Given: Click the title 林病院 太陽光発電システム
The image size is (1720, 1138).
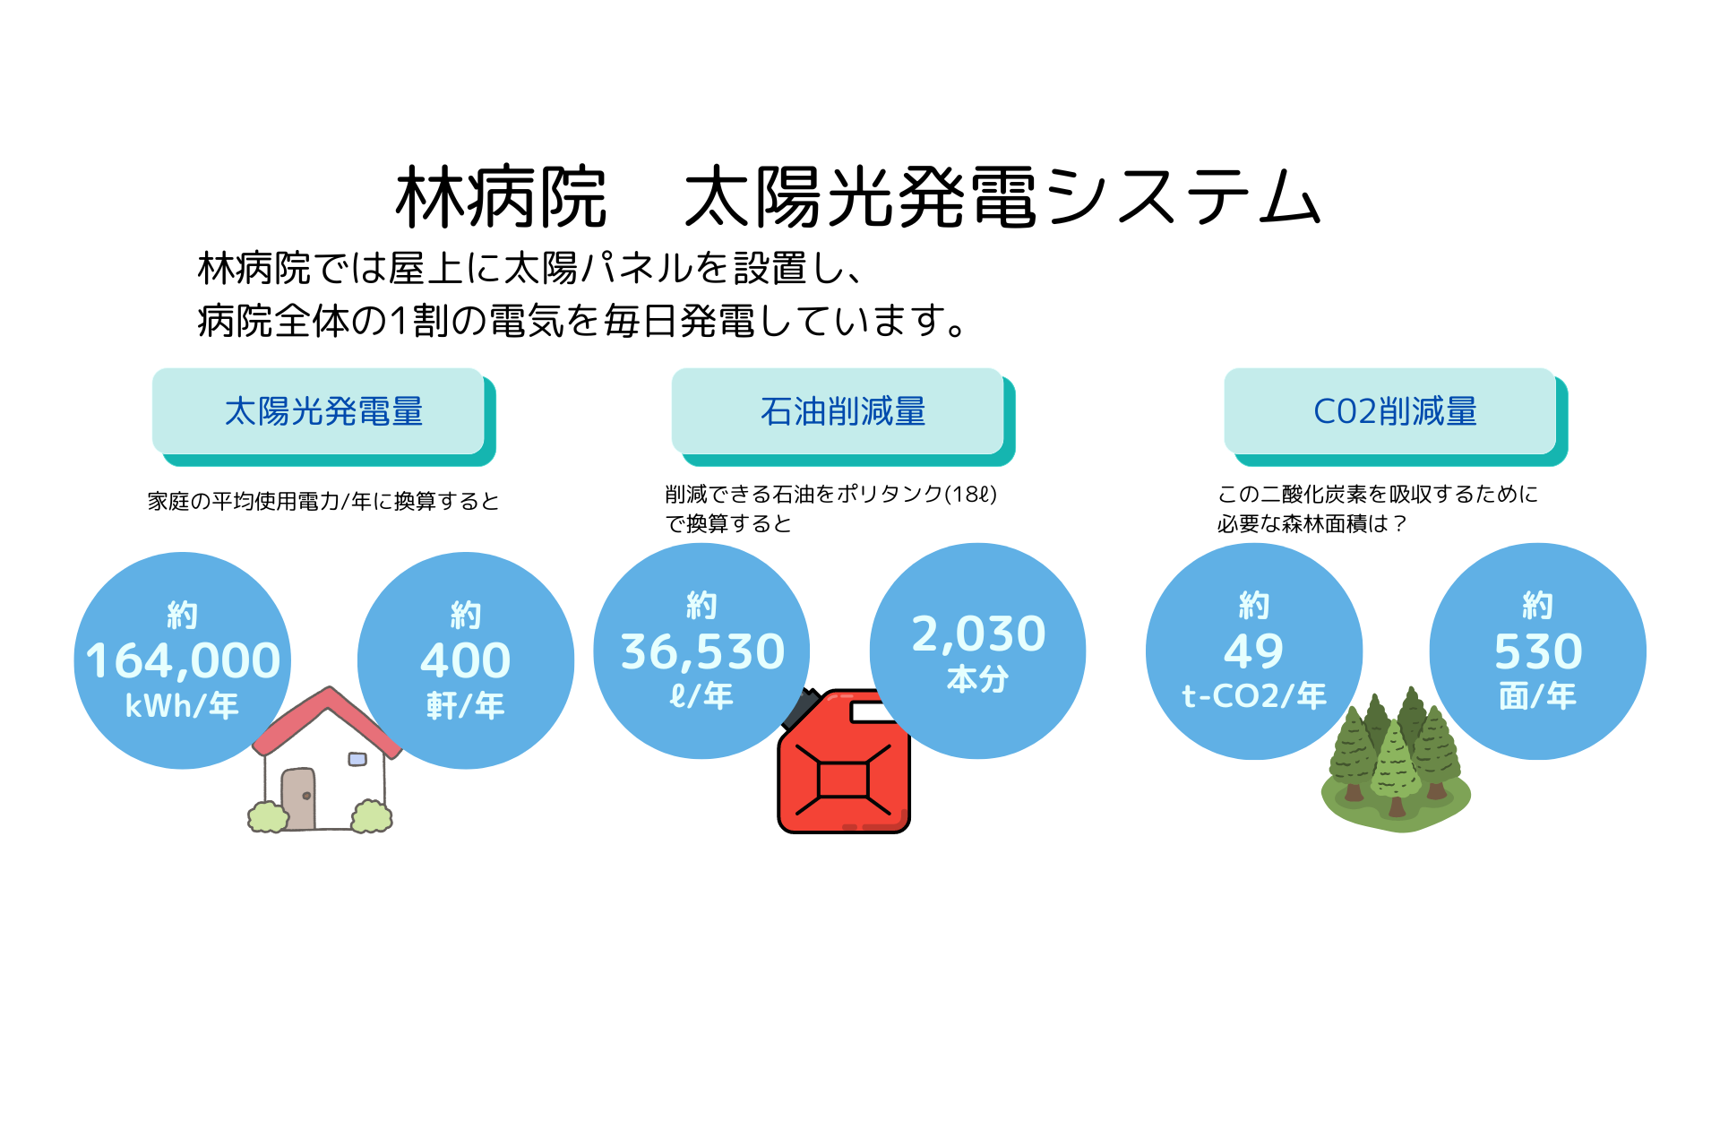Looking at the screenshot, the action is pyautogui.click(x=858, y=196).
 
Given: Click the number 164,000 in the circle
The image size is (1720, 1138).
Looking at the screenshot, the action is pyautogui.click(x=183, y=660).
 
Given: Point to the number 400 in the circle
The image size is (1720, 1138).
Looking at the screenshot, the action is pyautogui.click(x=466, y=660).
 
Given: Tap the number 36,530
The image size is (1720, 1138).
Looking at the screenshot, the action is pyautogui.click(x=702, y=651).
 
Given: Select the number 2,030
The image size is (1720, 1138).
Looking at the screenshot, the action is pyautogui.click(x=978, y=634).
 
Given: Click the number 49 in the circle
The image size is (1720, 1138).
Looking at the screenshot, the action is pyautogui.click(x=1254, y=651).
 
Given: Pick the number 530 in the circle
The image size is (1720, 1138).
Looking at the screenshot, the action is pyautogui.click(x=1538, y=651).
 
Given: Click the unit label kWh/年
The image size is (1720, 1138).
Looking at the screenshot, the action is pyautogui.click(x=182, y=705).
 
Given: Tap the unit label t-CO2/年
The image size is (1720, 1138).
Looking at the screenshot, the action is pyautogui.click(x=1254, y=695).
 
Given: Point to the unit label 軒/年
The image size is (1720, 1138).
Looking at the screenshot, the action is pyautogui.click(x=466, y=705).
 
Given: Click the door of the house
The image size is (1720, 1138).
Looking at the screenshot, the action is pyautogui.click(x=298, y=798).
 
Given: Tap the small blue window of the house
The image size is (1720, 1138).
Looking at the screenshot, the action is pyautogui.click(x=357, y=759).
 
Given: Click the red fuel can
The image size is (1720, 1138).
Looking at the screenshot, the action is pyautogui.click(x=844, y=762).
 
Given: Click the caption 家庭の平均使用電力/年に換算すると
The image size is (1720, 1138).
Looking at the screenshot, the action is pyautogui.click(x=323, y=501).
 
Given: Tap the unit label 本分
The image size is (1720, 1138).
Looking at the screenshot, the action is pyautogui.click(x=978, y=678).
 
